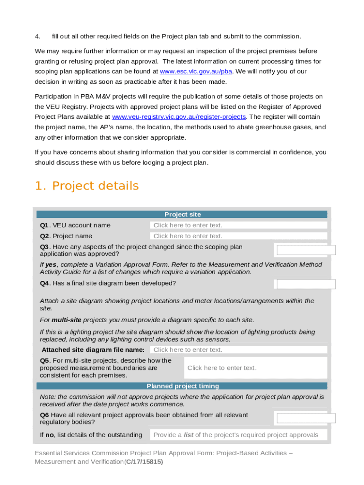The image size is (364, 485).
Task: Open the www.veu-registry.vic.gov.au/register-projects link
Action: click(179, 117)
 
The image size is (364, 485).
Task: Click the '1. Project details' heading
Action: click(87, 186)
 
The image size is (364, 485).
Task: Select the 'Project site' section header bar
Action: click(182, 215)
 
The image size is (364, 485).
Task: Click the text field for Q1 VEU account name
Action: click(239, 225)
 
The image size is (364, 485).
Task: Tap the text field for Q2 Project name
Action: click(239, 236)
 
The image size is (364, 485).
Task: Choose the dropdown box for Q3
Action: click(306, 250)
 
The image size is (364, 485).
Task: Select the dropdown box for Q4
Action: click(306, 284)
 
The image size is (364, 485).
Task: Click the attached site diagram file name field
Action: click(239, 350)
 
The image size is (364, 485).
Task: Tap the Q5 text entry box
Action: click(255, 368)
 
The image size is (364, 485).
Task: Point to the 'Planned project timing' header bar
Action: click(182, 386)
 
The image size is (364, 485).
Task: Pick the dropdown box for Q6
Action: click(306, 418)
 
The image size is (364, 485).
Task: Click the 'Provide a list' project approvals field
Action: click(239, 435)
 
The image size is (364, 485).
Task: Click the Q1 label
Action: click(44, 225)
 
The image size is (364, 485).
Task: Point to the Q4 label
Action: click(44, 283)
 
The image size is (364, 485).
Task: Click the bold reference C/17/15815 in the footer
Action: click(144, 461)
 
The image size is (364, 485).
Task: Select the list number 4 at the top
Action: click(37, 36)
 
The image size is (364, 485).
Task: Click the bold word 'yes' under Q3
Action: click(51, 264)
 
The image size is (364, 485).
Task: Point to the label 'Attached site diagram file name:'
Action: click(93, 350)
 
